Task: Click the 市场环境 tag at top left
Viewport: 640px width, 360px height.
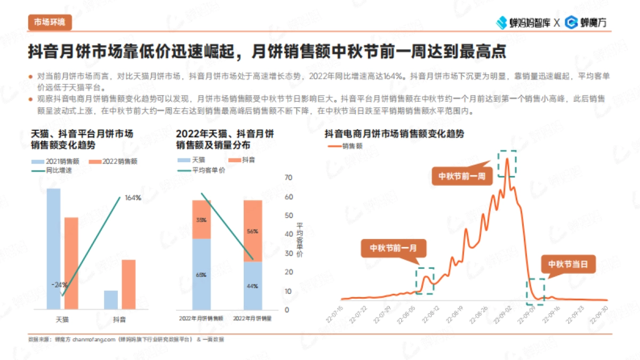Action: coord(49,22)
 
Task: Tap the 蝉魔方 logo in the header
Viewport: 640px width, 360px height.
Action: coord(586,22)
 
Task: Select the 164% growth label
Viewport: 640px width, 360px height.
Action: coord(133,198)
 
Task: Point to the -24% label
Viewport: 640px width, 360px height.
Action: coord(59,284)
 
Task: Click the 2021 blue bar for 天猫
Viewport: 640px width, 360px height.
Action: coord(53,249)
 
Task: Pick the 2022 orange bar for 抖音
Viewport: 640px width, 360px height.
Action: coord(129,284)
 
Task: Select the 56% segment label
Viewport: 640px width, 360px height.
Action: coord(252,231)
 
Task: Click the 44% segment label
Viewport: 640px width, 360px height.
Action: coord(252,286)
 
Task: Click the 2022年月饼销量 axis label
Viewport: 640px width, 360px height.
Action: coord(253,318)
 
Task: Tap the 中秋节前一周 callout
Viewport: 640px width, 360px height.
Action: coord(462,177)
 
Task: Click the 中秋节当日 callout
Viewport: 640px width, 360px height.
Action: coord(569,264)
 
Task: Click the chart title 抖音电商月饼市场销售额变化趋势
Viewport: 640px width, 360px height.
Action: coord(394,134)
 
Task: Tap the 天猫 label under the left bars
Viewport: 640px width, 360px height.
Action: coord(62,319)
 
